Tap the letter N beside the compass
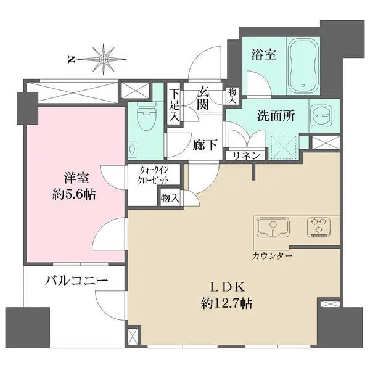point(72,60)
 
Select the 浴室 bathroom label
point(263,55)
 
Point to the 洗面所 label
point(274,117)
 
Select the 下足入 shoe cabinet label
point(175,104)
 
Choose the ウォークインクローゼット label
point(152,175)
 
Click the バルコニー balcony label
point(76,281)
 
